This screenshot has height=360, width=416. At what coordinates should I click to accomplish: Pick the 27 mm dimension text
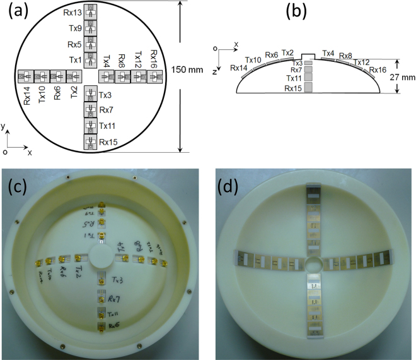401,78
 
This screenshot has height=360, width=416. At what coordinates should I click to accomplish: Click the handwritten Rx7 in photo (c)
114,298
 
